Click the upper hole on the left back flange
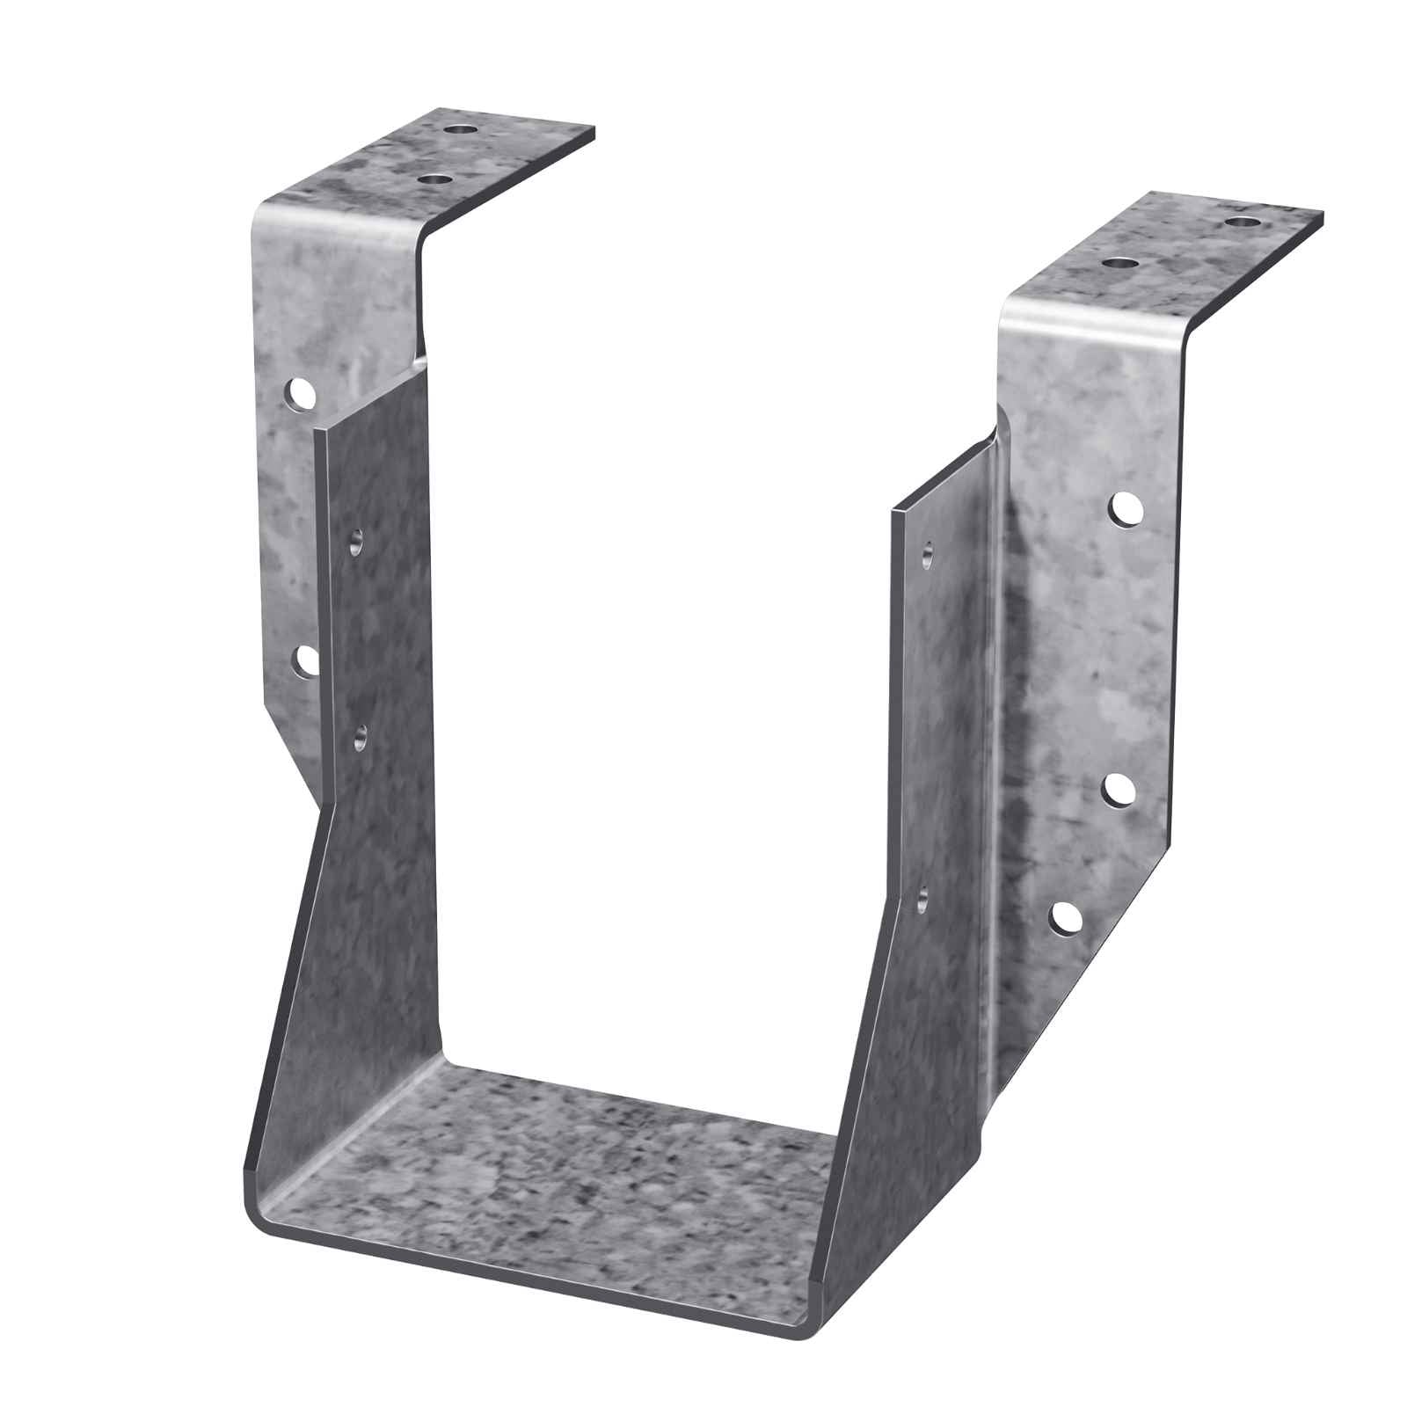(x=301, y=392)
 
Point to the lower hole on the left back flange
(x=303, y=660)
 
